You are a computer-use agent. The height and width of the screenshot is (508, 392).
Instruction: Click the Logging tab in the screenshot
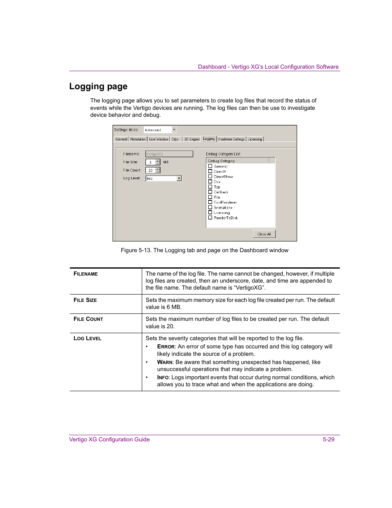coord(209,139)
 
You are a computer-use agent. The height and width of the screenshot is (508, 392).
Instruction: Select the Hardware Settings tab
coord(231,139)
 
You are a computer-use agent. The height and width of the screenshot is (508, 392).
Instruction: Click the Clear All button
coord(264,234)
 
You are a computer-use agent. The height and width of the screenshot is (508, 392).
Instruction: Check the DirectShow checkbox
coord(210,176)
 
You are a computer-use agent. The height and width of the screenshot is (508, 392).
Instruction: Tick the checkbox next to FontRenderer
coord(210,202)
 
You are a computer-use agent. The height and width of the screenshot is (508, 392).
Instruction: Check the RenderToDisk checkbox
coord(210,218)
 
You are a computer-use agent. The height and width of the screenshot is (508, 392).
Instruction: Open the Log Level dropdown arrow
coord(179,178)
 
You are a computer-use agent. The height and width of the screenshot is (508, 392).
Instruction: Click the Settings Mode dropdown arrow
coord(174,130)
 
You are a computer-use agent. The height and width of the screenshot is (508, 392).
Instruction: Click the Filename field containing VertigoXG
coord(169,154)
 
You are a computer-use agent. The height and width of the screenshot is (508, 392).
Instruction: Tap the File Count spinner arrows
coord(158,170)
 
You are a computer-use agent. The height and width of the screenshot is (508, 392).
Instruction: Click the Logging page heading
coord(98,86)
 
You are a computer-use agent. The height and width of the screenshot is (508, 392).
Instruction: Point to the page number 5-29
coord(328,439)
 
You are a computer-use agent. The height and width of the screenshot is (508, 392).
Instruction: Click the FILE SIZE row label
coord(85,300)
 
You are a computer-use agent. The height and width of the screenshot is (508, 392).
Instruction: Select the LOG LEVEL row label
coord(87,338)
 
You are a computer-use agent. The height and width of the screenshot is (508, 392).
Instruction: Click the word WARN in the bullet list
coord(164,362)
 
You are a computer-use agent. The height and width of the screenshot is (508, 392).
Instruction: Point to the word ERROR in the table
coord(166,346)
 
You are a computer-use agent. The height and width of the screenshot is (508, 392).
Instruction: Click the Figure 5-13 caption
coord(204,250)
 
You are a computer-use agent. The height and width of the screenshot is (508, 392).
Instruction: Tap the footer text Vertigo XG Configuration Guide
coord(109,439)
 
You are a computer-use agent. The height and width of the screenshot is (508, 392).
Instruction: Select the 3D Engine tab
coord(191,139)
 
